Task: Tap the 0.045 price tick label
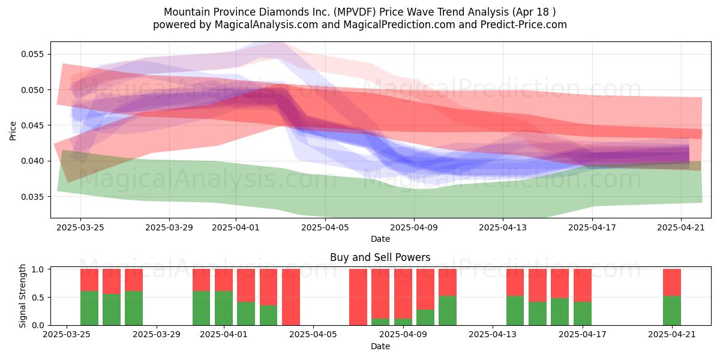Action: (32, 125)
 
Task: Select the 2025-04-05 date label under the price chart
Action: (325, 227)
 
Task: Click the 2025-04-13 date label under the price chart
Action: (503, 227)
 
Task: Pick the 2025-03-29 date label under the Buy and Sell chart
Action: (157, 334)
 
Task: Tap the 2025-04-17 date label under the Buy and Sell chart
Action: (583, 334)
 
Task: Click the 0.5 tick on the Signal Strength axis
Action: (38, 298)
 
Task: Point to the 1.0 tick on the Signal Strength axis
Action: (38, 269)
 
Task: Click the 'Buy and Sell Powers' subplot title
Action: (380, 257)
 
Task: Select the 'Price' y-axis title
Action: (13, 131)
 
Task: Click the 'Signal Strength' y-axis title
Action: (22, 296)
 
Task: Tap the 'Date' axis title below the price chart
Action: (380, 239)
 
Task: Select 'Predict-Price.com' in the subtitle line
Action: (524, 25)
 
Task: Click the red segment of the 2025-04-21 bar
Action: (672, 282)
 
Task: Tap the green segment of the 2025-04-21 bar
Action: (672, 311)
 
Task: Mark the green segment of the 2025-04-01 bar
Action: (224, 308)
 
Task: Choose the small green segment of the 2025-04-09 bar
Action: (403, 322)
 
